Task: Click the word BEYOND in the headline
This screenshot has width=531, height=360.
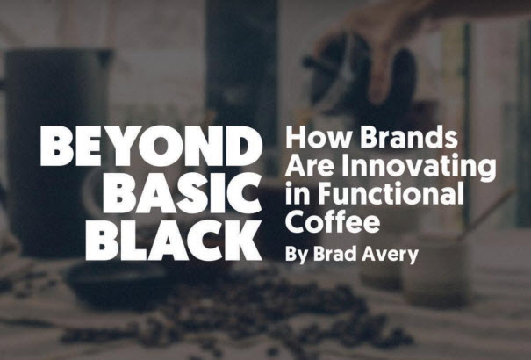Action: click(151, 146)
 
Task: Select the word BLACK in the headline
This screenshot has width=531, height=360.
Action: click(174, 240)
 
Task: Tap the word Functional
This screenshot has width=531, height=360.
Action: click(391, 193)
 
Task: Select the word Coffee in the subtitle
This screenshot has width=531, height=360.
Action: click(333, 220)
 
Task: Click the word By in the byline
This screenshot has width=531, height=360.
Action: click(297, 255)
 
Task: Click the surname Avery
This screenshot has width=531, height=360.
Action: click(390, 255)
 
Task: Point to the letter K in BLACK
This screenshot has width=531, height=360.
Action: click(241, 240)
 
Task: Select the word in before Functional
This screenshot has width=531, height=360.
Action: click(298, 193)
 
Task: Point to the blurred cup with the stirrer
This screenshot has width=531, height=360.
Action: click(437, 268)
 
